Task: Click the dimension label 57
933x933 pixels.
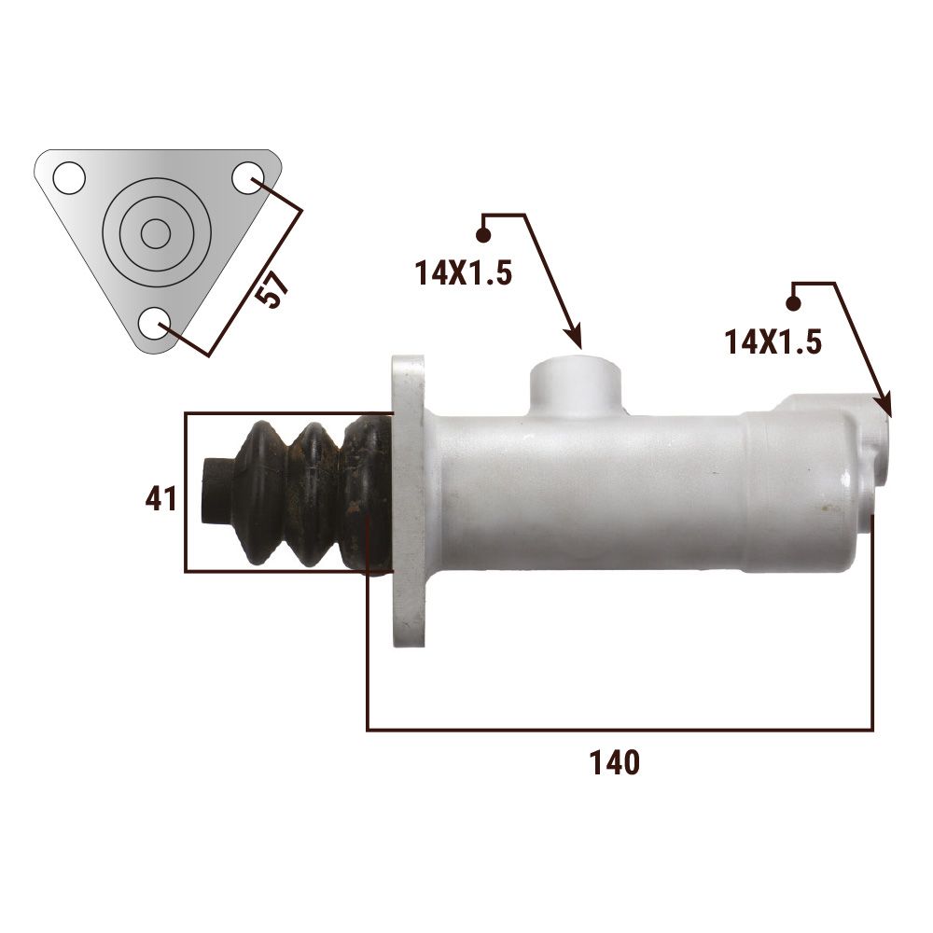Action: click(274, 290)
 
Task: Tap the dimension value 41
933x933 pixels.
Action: click(160, 498)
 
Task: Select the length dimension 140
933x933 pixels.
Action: click(615, 762)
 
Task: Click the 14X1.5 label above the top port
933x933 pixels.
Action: click(463, 273)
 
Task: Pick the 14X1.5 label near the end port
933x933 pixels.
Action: click(773, 342)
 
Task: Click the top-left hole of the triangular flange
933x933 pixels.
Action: click(69, 177)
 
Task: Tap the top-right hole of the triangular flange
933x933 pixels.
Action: click(247, 177)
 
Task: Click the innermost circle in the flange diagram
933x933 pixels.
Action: click(156, 234)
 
